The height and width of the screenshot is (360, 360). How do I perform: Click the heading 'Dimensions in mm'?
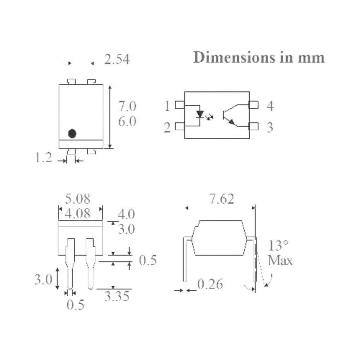click(259, 57)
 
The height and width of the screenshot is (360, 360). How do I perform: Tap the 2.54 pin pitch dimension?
click(117, 59)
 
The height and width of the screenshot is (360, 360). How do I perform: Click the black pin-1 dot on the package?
click(72, 134)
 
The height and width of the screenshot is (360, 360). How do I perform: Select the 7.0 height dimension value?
click(127, 106)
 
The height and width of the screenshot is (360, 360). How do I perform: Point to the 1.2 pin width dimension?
click(44, 158)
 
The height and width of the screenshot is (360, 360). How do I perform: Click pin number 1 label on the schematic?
click(167, 106)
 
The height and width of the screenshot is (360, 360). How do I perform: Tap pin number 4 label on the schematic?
click(270, 106)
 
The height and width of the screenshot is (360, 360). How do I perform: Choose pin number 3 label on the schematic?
click(270, 127)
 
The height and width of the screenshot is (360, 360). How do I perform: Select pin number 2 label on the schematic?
click(167, 127)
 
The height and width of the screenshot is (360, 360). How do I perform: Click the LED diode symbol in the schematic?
click(200, 114)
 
